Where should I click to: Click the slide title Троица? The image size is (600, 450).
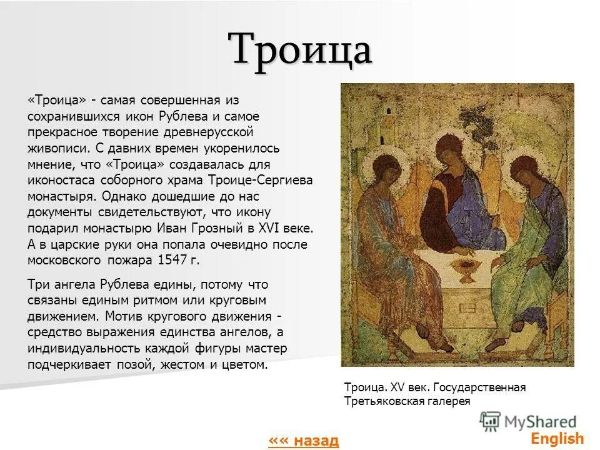(x=300, y=49)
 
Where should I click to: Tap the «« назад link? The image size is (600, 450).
(x=303, y=440)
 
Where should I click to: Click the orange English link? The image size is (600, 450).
(x=558, y=438)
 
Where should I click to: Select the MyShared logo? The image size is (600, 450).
(x=529, y=421)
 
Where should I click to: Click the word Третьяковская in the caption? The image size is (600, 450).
(x=381, y=401)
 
